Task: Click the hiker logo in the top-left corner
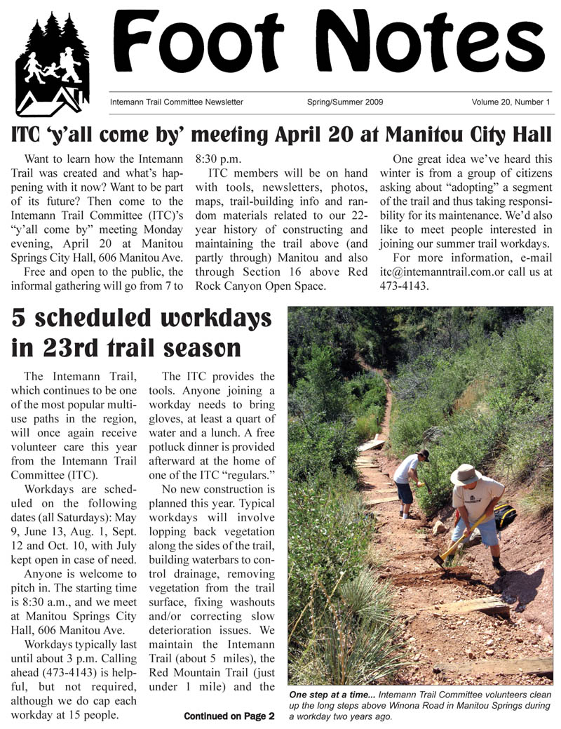point(52,64)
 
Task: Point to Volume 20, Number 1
point(511,102)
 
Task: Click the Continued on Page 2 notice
point(229,716)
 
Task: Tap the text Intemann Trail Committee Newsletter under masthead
point(177,102)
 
